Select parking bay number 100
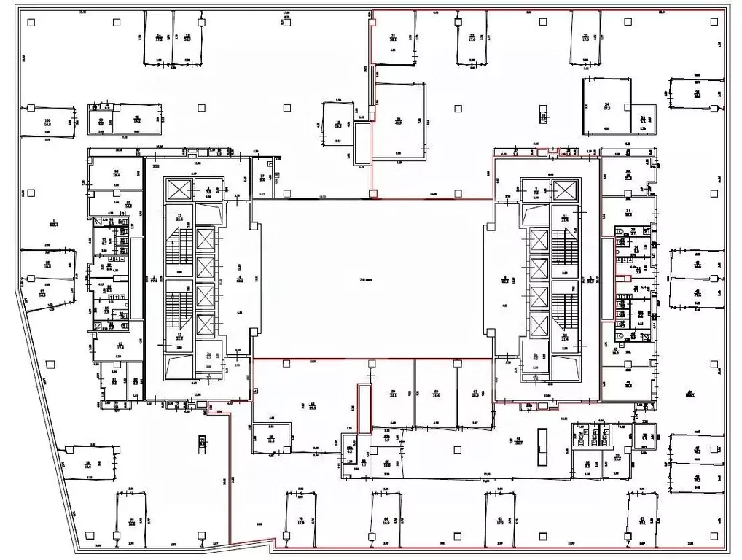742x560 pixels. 47,124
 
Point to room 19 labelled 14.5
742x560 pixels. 337,124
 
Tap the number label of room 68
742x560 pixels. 312,404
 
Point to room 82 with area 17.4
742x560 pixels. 120,346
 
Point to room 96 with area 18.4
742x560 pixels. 115,174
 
